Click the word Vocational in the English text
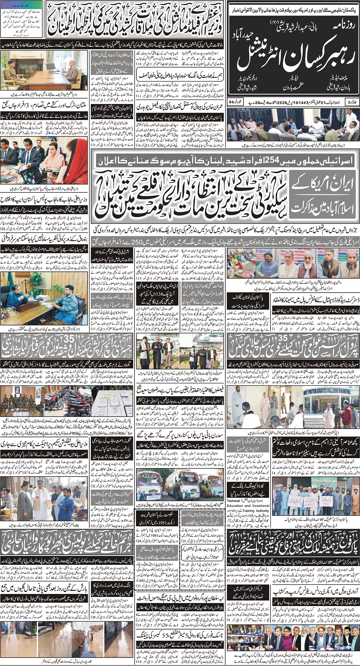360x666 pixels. (260, 506)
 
